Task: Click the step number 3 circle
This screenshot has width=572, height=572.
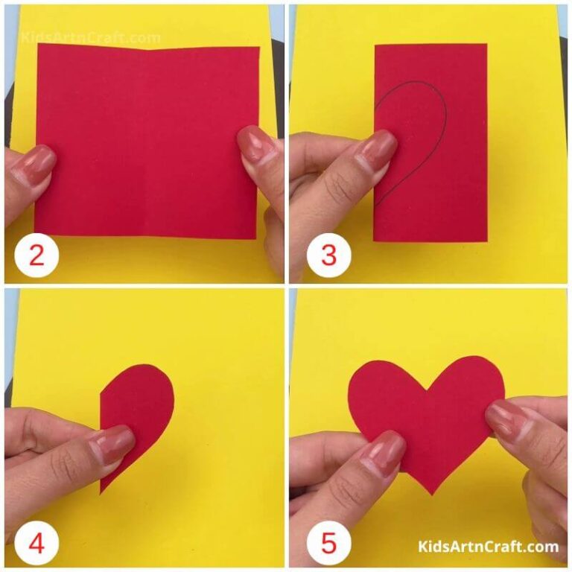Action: click(x=328, y=255)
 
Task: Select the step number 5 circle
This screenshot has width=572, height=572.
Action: click(x=328, y=541)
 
